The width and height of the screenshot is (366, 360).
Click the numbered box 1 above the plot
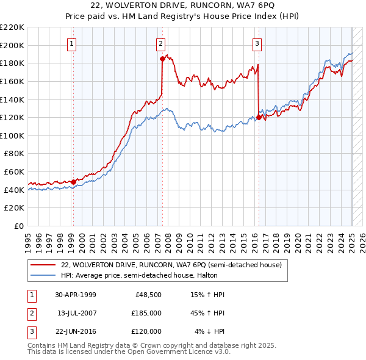(x=72, y=43)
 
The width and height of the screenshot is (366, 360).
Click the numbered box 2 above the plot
(x=160, y=43)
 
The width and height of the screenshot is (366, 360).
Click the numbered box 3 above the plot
(x=257, y=43)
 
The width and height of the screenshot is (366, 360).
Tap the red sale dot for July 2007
(x=162, y=59)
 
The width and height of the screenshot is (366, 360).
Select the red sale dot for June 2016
(x=259, y=117)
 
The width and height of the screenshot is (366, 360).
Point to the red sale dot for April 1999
(x=73, y=182)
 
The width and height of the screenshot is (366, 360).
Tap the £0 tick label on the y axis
(x=18, y=226)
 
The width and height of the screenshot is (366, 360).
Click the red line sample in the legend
(x=43, y=265)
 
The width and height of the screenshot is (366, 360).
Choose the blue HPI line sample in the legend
(x=43, y=275)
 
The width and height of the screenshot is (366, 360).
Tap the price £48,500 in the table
(x=147, y=294)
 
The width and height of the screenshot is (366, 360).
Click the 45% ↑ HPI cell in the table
(x=208, y=312)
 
